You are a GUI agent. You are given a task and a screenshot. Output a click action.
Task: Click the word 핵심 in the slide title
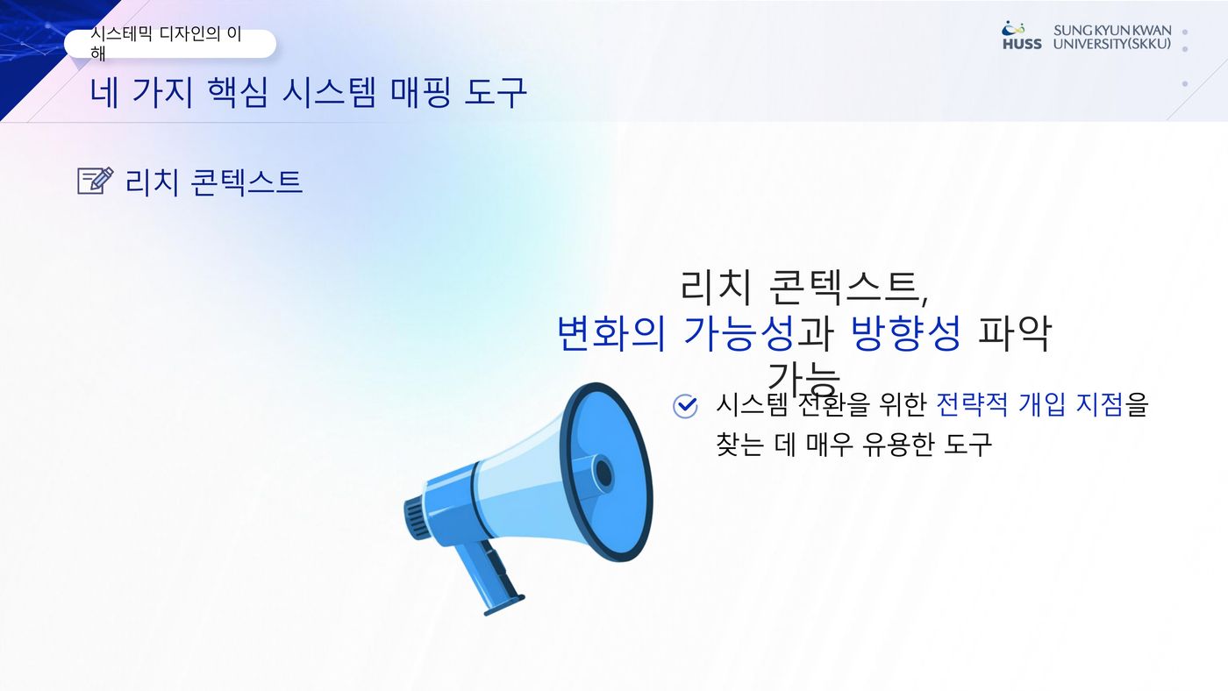[238, 93]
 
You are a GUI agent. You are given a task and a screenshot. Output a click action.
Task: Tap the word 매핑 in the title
[420, 93]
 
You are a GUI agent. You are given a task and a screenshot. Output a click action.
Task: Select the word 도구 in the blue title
[495, 93]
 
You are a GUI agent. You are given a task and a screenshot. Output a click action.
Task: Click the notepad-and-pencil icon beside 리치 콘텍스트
[96, 181]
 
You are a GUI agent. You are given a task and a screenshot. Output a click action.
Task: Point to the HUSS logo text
[1022, 44]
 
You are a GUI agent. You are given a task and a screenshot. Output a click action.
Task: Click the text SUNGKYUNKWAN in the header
[1112, 31]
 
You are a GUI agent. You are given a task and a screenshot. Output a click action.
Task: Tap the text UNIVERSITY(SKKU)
[1112, 44]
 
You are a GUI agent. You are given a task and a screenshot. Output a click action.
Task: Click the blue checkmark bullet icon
[685, 406]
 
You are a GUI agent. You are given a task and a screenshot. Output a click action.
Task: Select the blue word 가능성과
[758, 333]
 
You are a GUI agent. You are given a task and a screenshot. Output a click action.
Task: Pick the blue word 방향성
[905, 333]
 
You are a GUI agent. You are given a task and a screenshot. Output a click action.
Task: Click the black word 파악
[1015, 333]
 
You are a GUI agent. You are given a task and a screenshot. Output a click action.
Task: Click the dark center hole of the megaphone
[603, 474]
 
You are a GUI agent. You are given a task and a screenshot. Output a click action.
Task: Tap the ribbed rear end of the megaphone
[416, 518]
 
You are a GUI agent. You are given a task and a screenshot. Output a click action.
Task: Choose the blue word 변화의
[611, 333]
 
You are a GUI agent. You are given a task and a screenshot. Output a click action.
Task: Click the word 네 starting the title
[104, 93]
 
